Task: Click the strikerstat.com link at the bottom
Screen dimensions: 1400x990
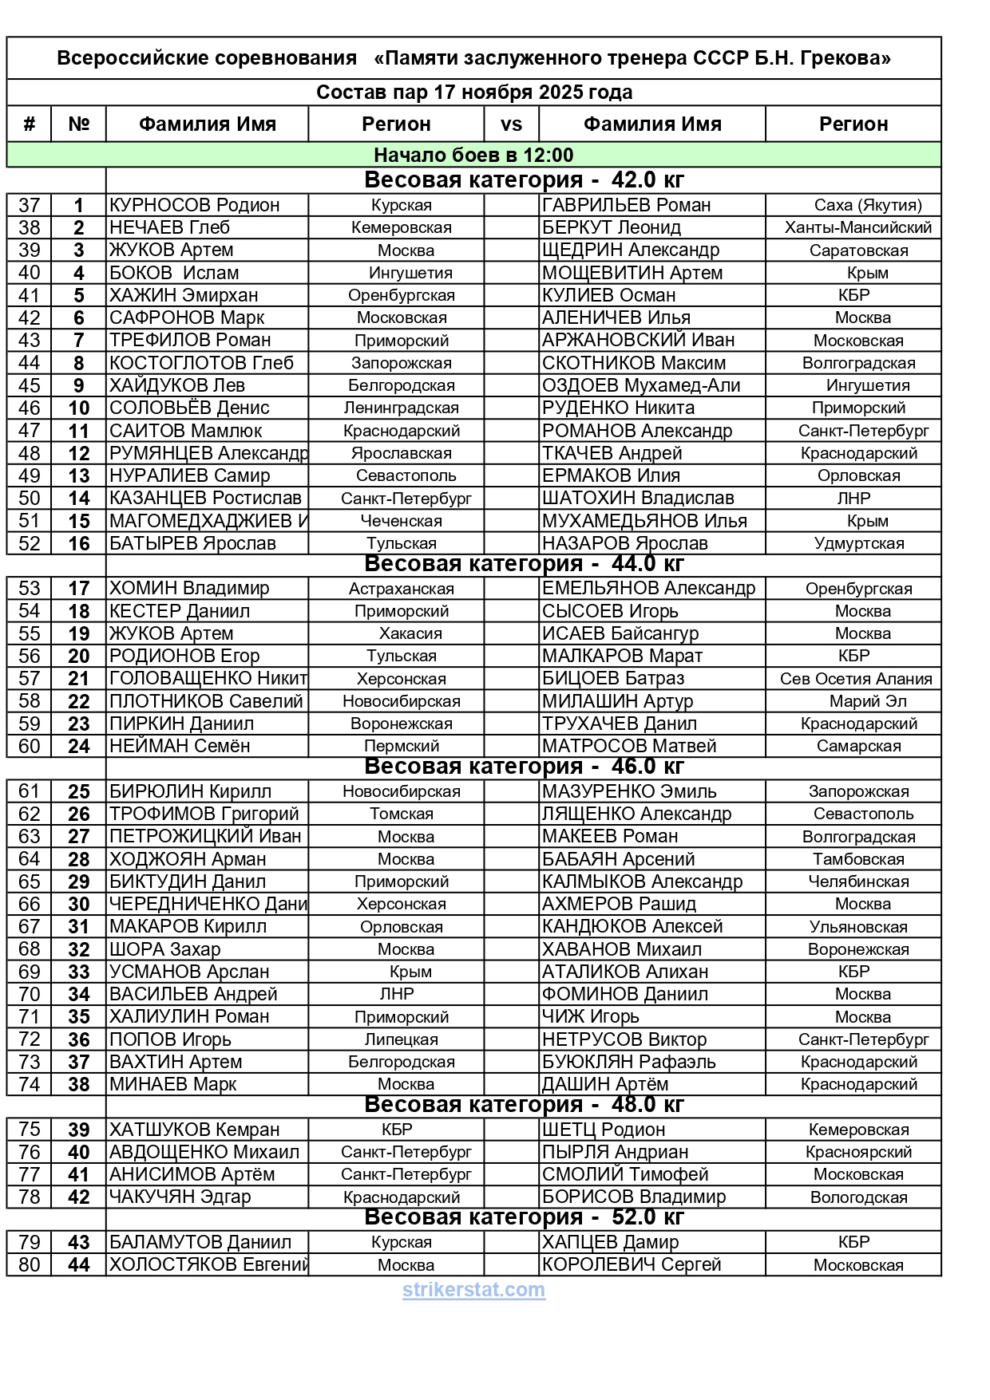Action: [x=473, y=1290]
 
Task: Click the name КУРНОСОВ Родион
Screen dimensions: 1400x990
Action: [x=194, y=205]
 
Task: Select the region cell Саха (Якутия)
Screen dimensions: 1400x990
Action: [x=868, y=205]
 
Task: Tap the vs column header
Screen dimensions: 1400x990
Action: [x=511, y=124]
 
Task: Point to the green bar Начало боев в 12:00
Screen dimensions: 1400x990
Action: [x=473, y=155]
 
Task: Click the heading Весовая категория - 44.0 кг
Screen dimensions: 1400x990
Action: [x=524, y=564]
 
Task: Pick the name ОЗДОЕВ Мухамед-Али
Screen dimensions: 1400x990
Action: [x=641, y=385]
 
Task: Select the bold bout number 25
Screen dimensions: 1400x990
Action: [x=78, y=792]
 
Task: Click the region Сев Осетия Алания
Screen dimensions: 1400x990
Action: [x=856, y=679]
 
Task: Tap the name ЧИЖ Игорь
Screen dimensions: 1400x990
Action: [x=590, y=1017]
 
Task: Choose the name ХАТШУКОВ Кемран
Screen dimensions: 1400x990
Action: [x=194, y=1130]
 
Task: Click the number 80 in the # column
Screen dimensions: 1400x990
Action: [x=29, y=1265]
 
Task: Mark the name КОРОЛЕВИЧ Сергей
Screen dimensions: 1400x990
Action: [x=631, y=1265]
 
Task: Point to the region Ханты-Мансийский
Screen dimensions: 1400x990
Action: [x=858, y=227]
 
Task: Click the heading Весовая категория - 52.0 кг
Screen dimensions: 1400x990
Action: [x=524, y=1217]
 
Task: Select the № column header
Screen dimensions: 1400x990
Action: [x=78, y=124]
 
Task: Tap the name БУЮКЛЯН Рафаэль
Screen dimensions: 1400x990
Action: [x=628, y=1063]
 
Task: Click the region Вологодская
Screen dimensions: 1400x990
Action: [x=858, y=1197]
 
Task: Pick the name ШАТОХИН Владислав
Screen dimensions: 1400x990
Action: [x=637, y=499]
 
